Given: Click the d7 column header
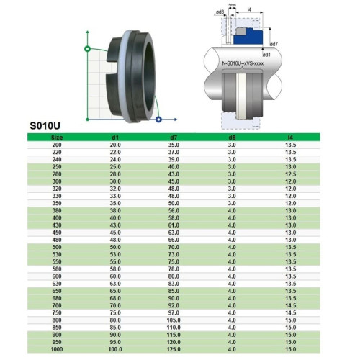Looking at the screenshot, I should coord(173,137).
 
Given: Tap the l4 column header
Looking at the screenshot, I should coord(290,137).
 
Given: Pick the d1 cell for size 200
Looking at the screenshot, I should coord(115,144).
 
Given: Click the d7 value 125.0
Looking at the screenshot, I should coord(173,349).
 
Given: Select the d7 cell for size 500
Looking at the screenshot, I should coord(173,247).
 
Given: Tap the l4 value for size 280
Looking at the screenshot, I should coord(290,174).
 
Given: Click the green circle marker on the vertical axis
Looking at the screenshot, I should coord(87,49).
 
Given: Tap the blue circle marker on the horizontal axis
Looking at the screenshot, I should coord(158,117).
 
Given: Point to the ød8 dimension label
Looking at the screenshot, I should coord(217,12).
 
